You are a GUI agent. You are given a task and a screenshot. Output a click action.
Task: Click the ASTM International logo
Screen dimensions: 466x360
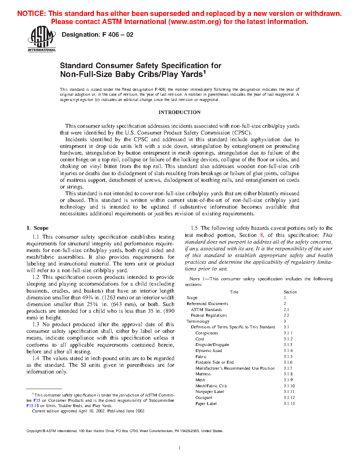pos(42,39)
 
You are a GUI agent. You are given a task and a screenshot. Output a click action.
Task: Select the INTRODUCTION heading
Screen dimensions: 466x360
pos(179,112)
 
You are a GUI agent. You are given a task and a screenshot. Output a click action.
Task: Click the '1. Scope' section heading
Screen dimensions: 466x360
pos(37,228)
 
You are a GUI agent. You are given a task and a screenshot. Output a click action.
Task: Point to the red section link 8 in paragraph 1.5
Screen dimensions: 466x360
pos(262,235)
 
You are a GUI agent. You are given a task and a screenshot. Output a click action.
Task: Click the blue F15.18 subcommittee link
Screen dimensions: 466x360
pos(32,406)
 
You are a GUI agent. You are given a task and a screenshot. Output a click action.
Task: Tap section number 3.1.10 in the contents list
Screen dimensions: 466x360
pos(289,386)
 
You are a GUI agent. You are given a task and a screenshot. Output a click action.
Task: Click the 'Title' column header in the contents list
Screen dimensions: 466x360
pos(234,292)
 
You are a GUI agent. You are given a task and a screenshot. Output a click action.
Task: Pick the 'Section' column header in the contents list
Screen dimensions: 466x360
pos(290,292)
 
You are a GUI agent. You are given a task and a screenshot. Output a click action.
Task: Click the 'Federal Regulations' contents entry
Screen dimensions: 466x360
pos(209,315)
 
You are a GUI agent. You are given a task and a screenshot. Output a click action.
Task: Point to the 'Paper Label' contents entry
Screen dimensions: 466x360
pos(206,404)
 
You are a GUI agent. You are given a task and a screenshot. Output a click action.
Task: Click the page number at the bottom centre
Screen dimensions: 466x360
pos(180,448)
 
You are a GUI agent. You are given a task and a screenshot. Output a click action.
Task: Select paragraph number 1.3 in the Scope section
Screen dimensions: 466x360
pos(36,324)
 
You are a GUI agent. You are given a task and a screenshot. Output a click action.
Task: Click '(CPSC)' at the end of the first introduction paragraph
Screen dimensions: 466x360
pos(242,133)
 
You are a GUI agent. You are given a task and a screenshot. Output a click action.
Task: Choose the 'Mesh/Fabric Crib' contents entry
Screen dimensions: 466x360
pos(211,386)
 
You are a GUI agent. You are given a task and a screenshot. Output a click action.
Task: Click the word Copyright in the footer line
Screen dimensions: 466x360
pos(34,431)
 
